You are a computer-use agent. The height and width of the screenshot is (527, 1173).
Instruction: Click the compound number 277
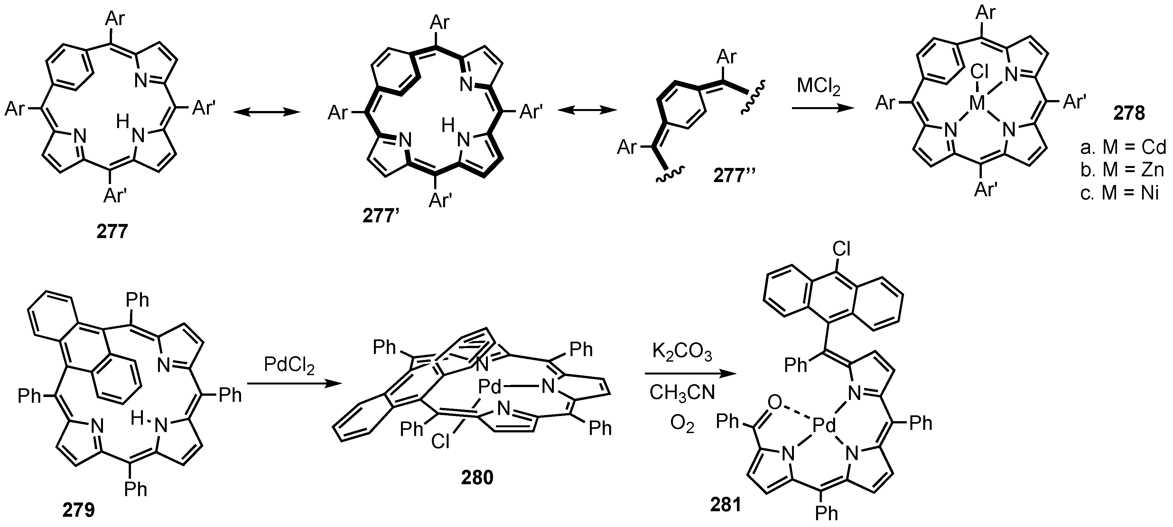(x=112, y=232)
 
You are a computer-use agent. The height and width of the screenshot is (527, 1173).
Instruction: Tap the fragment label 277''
(x=735, y=175)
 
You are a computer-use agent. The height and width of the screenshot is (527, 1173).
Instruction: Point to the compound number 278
(x=1129, y=113)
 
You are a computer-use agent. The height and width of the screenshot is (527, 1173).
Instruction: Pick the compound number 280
(x=477, y=478)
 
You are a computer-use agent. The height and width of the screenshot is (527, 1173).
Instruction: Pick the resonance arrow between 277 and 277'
(x=267, y=112)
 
